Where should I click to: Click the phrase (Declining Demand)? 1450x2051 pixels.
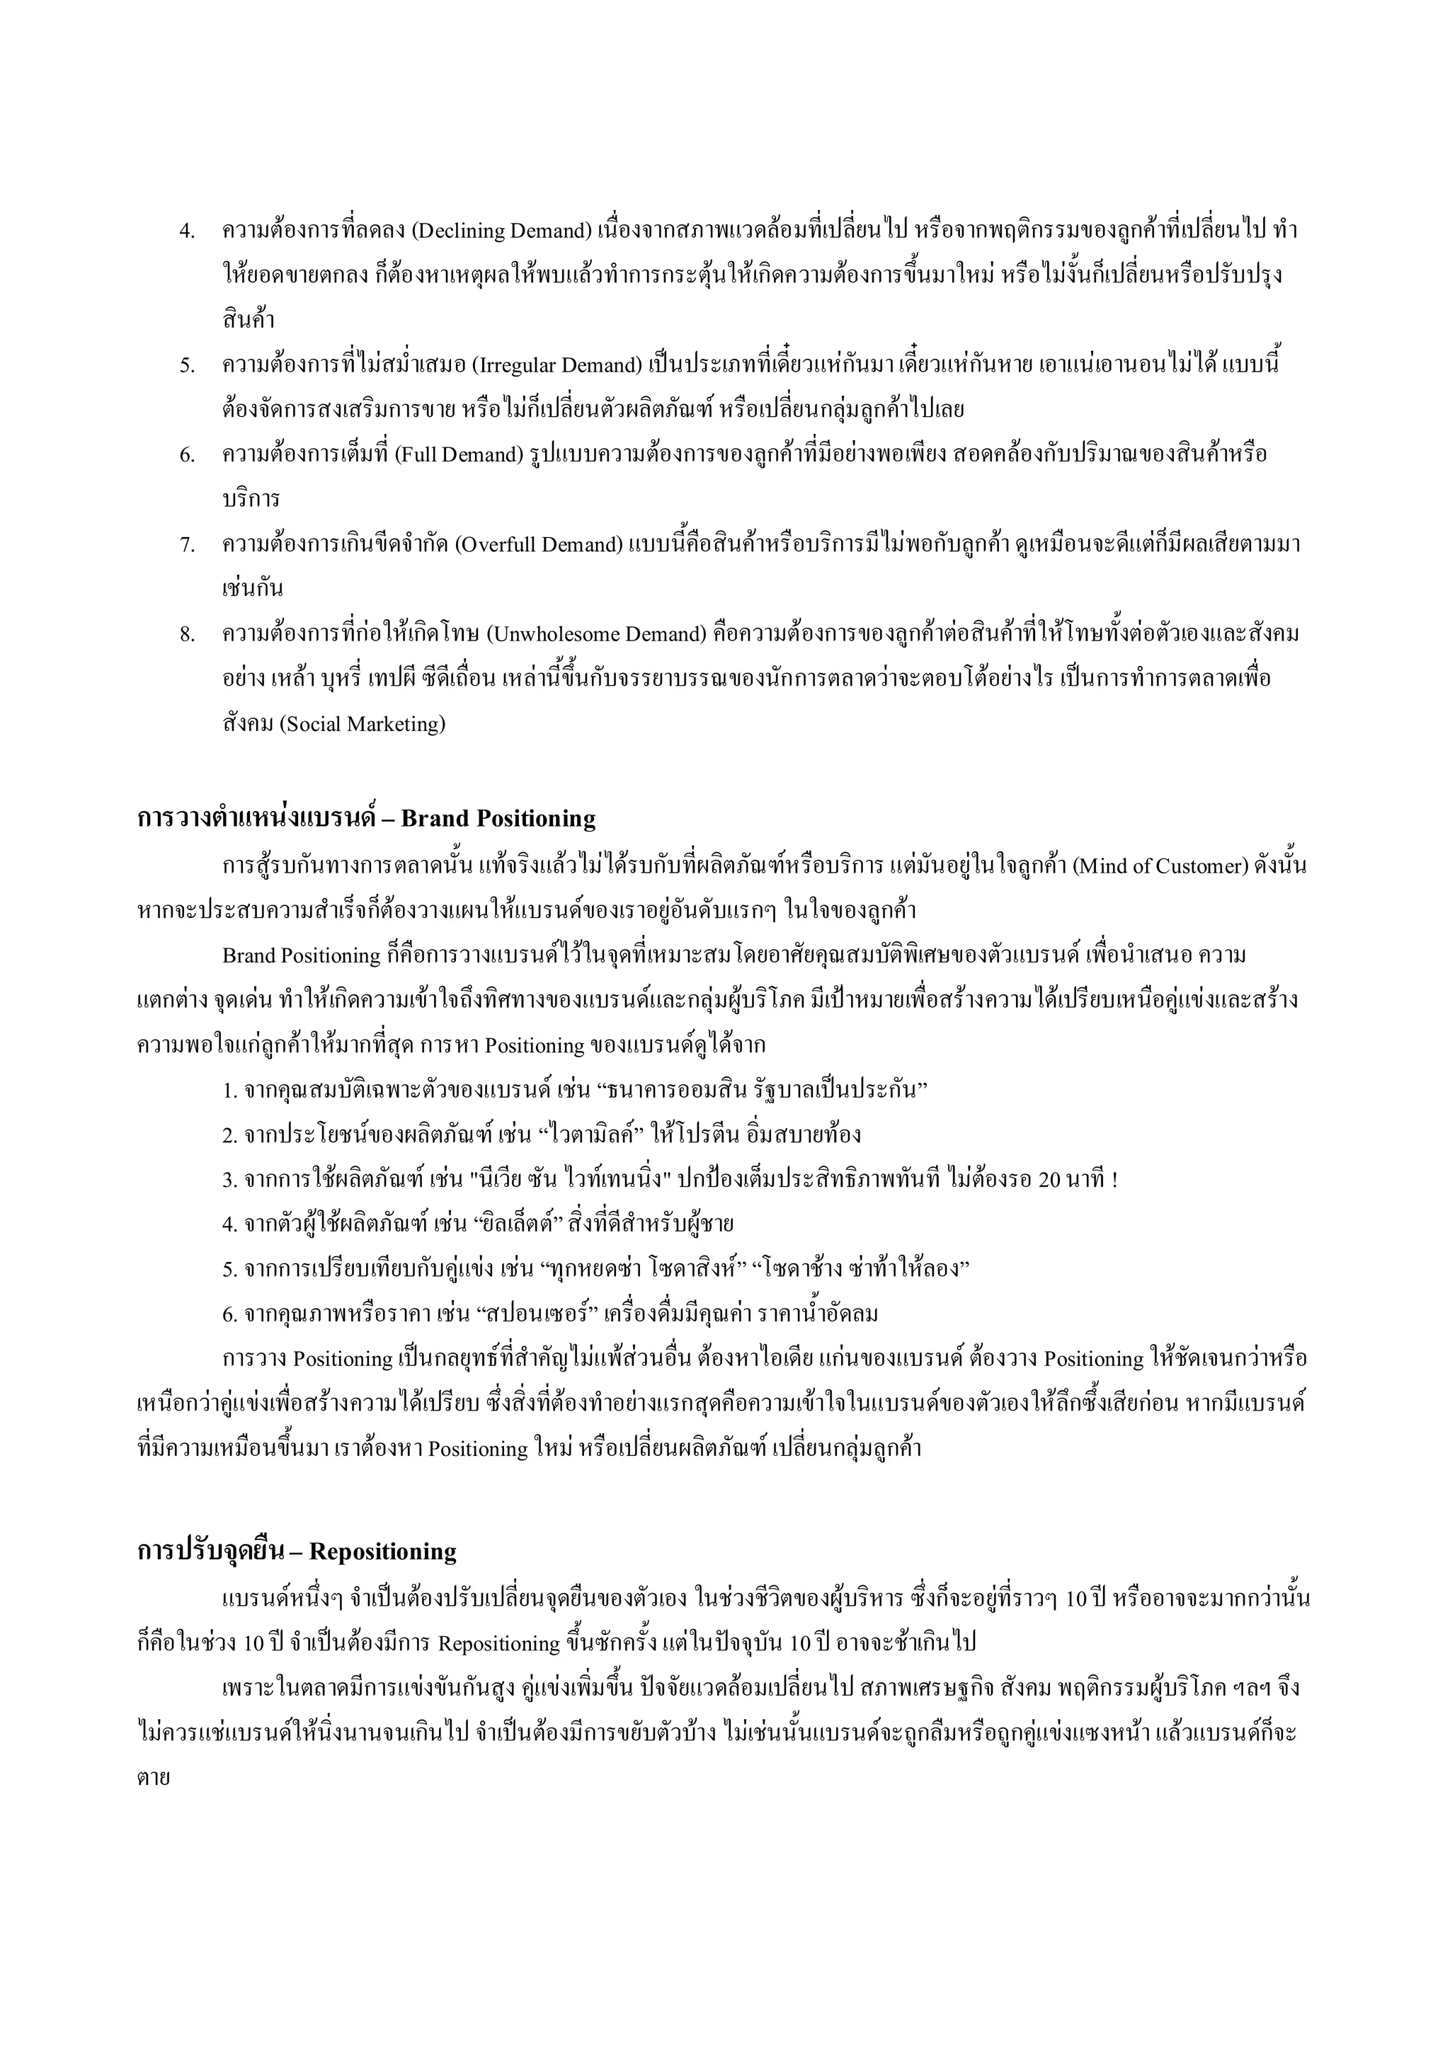point(501,231)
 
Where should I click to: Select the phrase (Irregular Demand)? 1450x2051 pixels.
point(556,365)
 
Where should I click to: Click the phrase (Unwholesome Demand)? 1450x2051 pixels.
point(597,634)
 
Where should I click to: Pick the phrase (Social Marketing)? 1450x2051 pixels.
point(362,723)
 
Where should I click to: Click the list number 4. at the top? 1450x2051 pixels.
point(187,231)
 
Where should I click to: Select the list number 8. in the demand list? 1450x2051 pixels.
point(187,634)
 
